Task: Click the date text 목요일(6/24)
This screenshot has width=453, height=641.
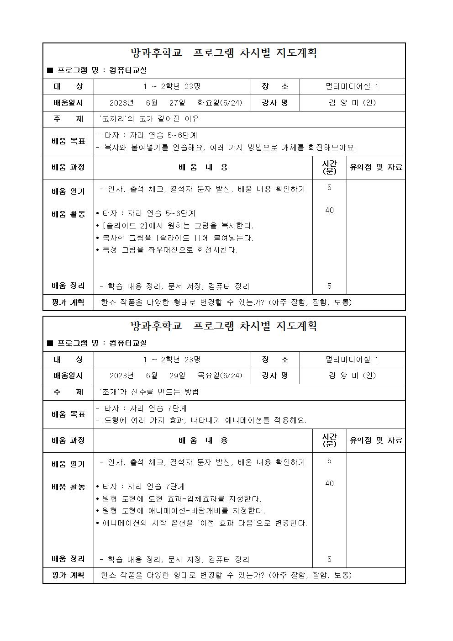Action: [220, 376]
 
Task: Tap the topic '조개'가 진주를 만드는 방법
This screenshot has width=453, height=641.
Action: [149, 392]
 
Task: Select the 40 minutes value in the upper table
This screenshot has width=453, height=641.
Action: [329, 210]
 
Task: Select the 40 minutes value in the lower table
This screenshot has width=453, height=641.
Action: [329, 483]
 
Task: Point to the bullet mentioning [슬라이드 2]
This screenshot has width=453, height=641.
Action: [174, 226]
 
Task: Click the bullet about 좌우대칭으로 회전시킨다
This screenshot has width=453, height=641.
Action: [167, 250]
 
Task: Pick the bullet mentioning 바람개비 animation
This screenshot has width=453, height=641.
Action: [181, 511]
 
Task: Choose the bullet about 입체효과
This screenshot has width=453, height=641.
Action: [179, 498]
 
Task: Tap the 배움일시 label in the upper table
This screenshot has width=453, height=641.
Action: [68, 103]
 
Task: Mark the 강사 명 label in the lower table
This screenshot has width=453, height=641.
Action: [275, 376]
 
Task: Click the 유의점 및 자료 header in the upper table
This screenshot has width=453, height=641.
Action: [376, 167]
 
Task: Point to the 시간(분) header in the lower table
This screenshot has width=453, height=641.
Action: [329, 440]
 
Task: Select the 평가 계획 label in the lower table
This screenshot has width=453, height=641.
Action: [68, 575]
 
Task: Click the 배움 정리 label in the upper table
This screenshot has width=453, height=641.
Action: [68, 286]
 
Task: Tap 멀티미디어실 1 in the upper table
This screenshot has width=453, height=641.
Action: [352, 86]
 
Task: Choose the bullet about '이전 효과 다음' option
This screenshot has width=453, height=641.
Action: [202, 523]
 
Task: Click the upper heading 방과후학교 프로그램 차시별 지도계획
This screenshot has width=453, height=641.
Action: [224, 53]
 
